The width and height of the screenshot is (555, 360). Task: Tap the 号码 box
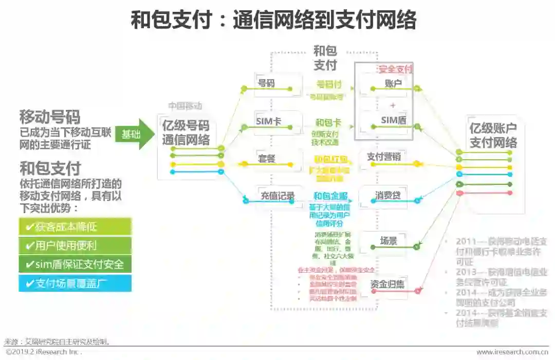pyautogui.click(x=266, y=83)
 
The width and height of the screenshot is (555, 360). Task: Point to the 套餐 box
pyautogui.click(x=267, y=159)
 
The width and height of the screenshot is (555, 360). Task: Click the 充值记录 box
pyautogui.click(x=277, y=196)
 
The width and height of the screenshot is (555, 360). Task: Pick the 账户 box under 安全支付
pyautogui.click(x=393, y=84)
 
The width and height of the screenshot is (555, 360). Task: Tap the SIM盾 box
pyautogui.click(x=394, y=120)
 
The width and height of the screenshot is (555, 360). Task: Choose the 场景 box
pyautogui.click(x=388, y=240)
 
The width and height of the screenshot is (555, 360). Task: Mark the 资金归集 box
pyautogui.click(x=387, y=284)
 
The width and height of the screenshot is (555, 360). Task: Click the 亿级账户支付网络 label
pyautogui.click(x=493, y=136)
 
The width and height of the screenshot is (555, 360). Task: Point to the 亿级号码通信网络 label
pyautogui.click(x=186, y=132)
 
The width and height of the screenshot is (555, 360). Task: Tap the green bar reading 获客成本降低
pyautogui.click(x=75, y=227)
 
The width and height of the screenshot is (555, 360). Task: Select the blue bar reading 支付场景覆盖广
pyautogui.click(x=75, y=283)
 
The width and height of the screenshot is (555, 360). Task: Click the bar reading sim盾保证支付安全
pyautogui.click(x=75, y=264)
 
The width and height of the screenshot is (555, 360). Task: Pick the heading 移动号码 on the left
pyautogui.click(x=50, y=116)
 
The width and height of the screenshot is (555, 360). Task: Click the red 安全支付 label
pyautogui.click(x=395, y=69)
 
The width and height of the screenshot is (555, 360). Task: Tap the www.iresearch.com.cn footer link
pyautogui.click(x=512, y=352)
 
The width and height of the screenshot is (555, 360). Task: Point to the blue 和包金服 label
pyautogui.click(x=330, y=196)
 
